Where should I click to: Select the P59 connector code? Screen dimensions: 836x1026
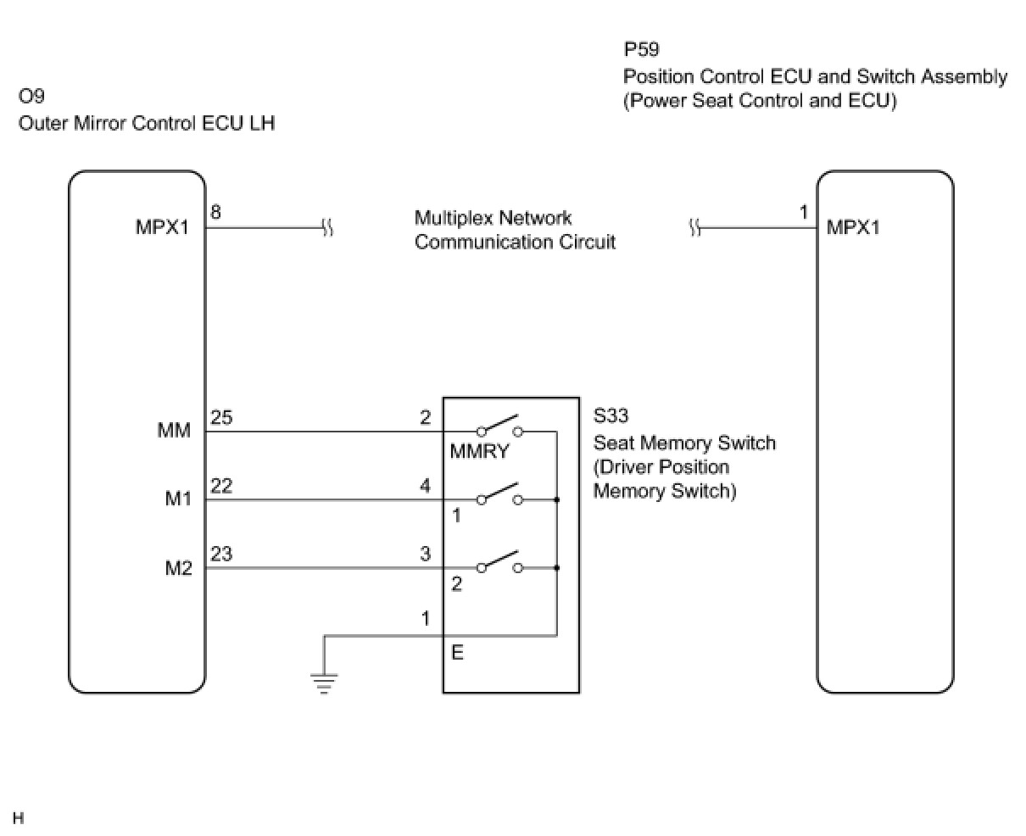tap(641, 49)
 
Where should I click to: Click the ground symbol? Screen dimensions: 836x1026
tap(323, 681)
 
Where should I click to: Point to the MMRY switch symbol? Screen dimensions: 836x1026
tap(499, 426)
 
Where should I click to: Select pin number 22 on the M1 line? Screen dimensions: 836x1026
tap(221, 486)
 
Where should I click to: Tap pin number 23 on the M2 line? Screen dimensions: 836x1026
tap(221, 554)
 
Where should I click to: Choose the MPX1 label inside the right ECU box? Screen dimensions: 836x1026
tap(854, 228)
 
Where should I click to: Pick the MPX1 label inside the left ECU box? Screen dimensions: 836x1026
tap(163, 229)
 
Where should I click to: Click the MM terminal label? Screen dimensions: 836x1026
tap(175, 432)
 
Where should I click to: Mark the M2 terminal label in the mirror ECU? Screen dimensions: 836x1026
tap(178, 568)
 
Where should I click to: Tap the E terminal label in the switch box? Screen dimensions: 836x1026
tap(457, 654)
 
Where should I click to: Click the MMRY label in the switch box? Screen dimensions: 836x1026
tap(479, 451)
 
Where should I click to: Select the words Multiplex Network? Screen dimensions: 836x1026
tap(493, 218)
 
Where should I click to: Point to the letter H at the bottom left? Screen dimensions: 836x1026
tap(18, 818)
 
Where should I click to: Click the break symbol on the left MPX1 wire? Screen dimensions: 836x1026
tap(327, 228)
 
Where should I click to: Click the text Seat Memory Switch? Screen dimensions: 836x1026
tap(684, 443)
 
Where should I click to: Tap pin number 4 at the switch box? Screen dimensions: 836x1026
tap(426, 486)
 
